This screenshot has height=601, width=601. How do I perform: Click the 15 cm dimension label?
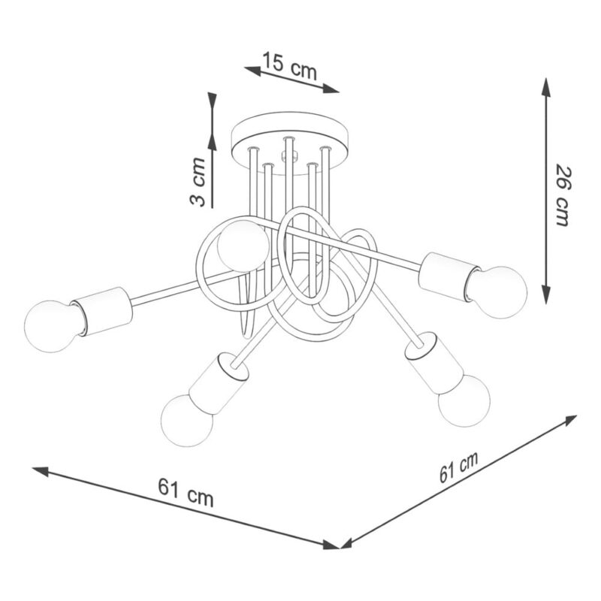(290, 66)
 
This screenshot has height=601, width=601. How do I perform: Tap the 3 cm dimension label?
(198, 181)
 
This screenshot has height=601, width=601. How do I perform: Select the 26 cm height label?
(563, 195)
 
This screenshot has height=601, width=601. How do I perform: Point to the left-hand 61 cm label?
(186, 491)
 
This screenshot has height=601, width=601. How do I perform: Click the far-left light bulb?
(51, 326)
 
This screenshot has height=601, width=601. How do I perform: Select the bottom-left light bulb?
(187, 421)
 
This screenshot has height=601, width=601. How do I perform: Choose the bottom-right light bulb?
(464, 400)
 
